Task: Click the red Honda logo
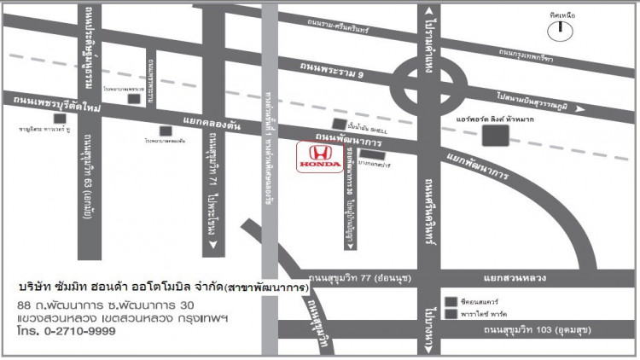(319, 156)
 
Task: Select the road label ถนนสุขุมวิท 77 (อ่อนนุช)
(352, 277)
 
